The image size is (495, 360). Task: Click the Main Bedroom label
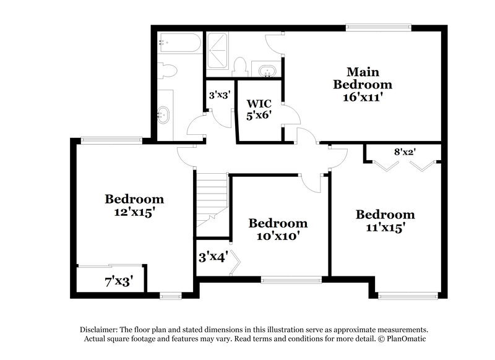pos(362,77)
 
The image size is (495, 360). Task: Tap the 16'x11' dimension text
pos(362,96)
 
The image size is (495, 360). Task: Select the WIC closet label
pos(259,103)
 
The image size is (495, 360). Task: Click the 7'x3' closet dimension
pos(118,282)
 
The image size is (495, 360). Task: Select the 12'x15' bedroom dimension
pos(134,212)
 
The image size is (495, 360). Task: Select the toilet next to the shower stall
pos(241,66)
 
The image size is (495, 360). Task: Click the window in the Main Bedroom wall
pos(379,27)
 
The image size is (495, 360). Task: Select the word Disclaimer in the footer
pos(100,330)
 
